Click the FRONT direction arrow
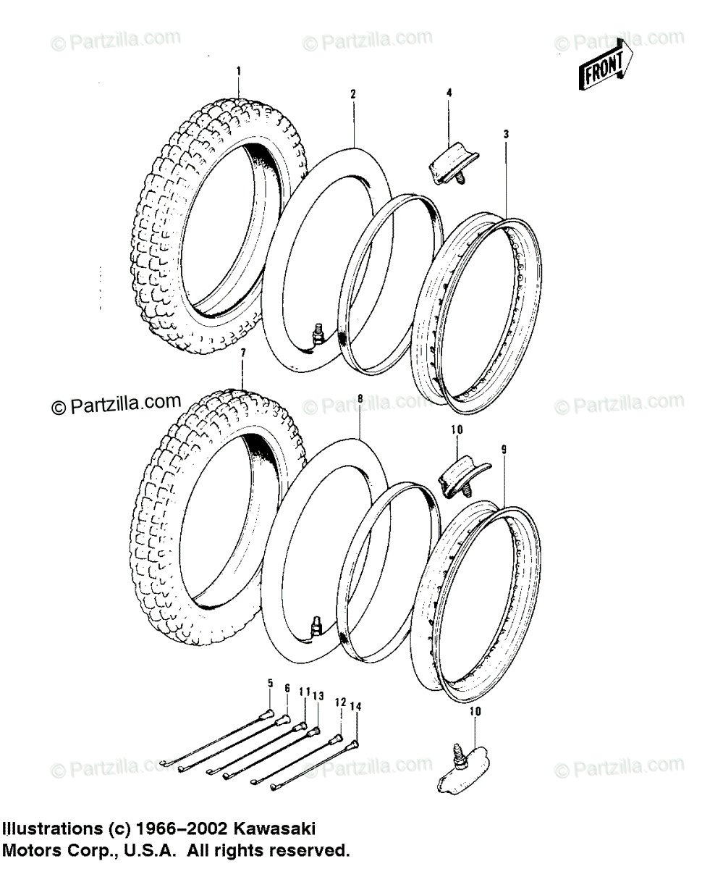point(604,69)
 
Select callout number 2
point(352,93)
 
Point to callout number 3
point(507,134)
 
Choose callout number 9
point(504,449)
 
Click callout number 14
point(355,705)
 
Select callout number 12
point(339,701)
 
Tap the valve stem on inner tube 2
point(316,335)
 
